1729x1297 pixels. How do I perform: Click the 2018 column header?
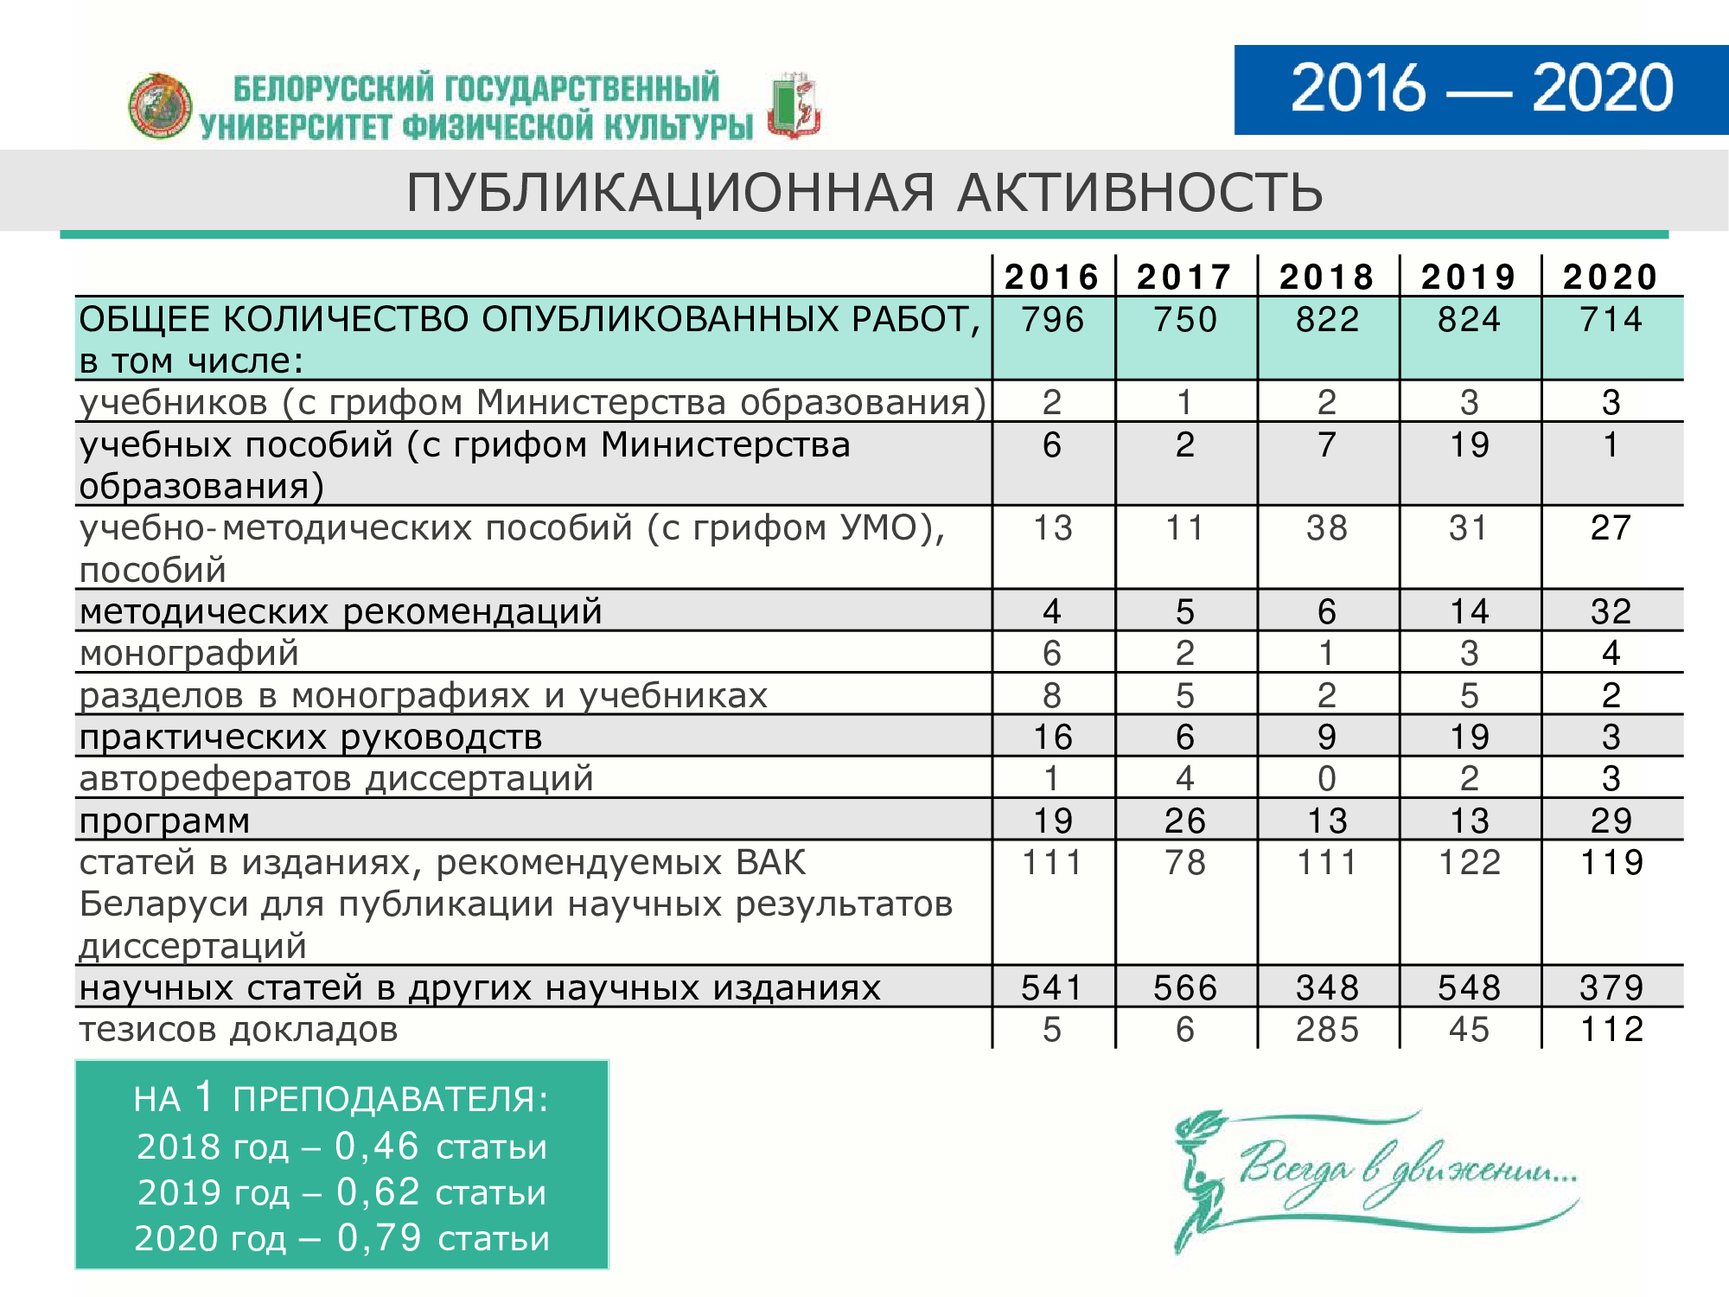pos(1327,278)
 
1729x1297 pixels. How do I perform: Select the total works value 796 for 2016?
pos(1052,320)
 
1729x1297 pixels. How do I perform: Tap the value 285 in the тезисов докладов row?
pos(1327,1029)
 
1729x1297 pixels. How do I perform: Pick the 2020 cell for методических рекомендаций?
pos(1611,611)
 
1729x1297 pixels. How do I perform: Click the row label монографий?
pos(189,653)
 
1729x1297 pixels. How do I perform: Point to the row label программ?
pos(164,821)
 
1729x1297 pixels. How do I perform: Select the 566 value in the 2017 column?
pos(1184,987)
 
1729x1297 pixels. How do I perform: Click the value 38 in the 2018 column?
pos(1327,527)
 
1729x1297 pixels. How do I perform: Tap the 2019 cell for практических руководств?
pos(1469,737)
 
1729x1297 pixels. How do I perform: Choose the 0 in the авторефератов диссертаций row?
pos(1327,778)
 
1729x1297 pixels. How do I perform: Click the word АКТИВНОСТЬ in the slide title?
pos(1139,192)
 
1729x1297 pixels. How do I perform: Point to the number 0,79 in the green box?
pos(379,1237)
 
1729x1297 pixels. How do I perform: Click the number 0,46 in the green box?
pos(377,1146)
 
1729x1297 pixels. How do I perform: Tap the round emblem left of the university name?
pos(160,106)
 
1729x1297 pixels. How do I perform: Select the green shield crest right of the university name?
pos(794,106)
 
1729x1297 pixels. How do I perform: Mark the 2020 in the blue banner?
pos(1602,88)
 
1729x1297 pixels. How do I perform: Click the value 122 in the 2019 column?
pos(1469,862)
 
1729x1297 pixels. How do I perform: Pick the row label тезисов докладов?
pos(239,1029)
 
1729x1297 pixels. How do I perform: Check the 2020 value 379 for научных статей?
pos(1611,987)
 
